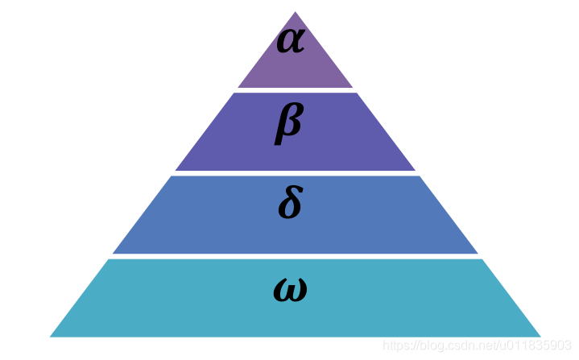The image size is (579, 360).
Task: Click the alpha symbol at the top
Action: (x=290, y=40)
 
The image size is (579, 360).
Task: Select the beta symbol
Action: (x=288, y=122)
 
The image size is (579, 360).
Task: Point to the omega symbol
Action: (x=290, y=288)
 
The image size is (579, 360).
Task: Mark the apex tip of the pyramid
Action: (x=296, y=13)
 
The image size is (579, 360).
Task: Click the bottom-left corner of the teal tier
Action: (x=52, y=335)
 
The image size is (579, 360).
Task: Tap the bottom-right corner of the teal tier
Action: (x=539, y=335)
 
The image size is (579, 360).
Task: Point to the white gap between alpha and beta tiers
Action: (x=296, y=89)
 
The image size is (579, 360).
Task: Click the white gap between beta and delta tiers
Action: (x=296, y=173)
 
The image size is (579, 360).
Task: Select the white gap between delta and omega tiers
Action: (x=296, y=256)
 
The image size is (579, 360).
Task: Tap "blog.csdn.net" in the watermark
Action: (x=451, y=346)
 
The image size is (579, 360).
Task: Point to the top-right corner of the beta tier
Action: (x=357, y=93)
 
